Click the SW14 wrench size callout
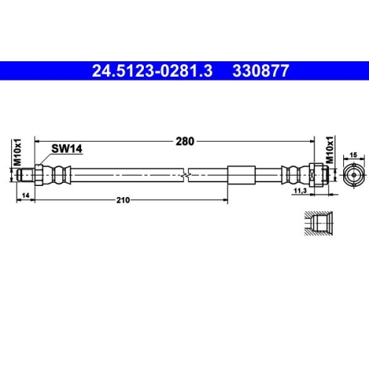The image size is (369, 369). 66,148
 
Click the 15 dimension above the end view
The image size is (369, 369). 353,154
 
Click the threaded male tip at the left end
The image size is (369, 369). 28,174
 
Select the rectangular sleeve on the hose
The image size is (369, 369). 241,174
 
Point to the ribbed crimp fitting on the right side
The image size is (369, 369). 295,174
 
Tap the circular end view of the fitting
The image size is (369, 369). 353,174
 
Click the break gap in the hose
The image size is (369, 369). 185,174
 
